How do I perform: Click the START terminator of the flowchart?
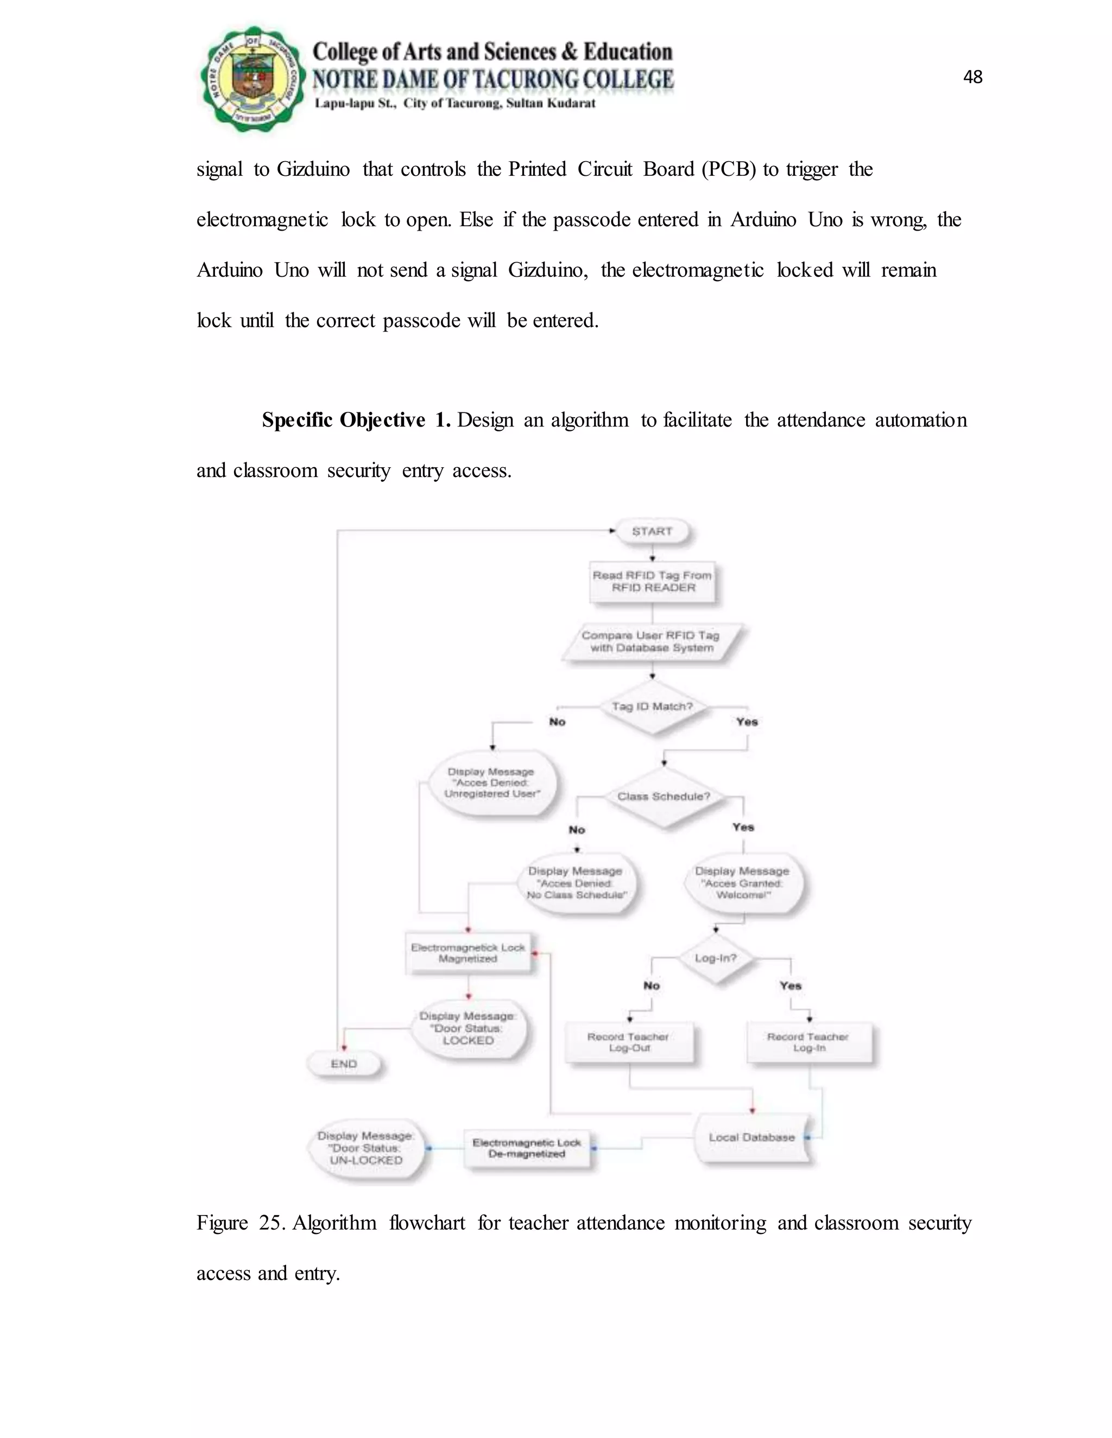pyautogui.click(x=652, y=531)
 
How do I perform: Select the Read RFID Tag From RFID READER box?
pyautogui.click(x=652, y=581)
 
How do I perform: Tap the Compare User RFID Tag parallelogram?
pyautogui.click(x=651, y=641)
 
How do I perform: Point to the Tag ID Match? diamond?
pyautogui.click(x=652, y=708)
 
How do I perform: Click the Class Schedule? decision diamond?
pyautogui.click(x=664, y=797)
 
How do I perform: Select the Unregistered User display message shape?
pyautogui.click(x=491, y=783)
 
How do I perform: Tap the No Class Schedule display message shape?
pyautogui.click(x=577, y=883)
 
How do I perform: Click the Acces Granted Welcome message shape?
pyautogui.click(x=742, y=883)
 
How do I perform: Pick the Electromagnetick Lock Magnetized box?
pyautogui.click(x=467, y=953)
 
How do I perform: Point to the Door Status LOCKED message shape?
pyautogui.click(x=467, y=1028)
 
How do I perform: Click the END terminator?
pyautogui.click(x=344, y=1064)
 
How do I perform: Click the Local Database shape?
pyautogui.click(x=751, y=1138)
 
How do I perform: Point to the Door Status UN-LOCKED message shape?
pyautogui.click(x=367, y=1148)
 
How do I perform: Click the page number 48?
pyautogui.click(x=972, y=77)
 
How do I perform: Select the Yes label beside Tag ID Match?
pyautogui.click(x=747, y=722)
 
